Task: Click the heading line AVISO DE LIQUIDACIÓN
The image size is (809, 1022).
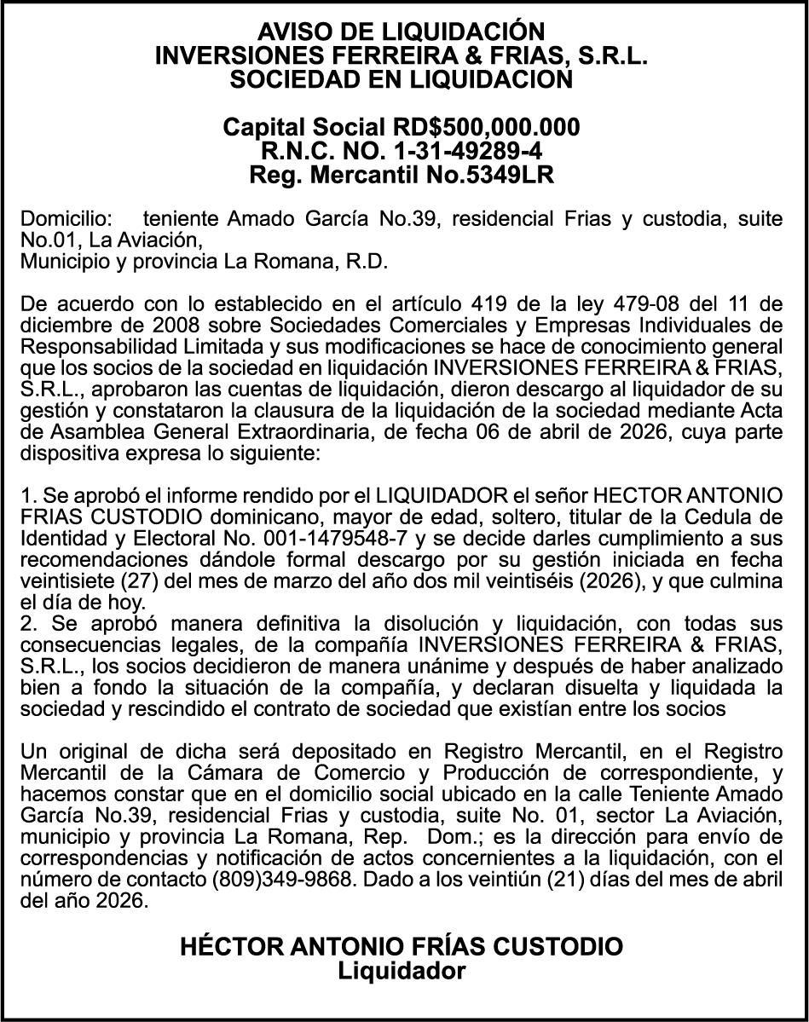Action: [x=402, y=32]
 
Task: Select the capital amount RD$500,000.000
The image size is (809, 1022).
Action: [x=486, y=128]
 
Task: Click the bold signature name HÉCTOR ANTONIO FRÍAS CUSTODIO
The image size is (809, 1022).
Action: [x=402, y=946]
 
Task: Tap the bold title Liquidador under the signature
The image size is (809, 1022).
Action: [x=402, y=970]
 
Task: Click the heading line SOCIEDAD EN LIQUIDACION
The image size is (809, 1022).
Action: [x=402, y=80]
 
